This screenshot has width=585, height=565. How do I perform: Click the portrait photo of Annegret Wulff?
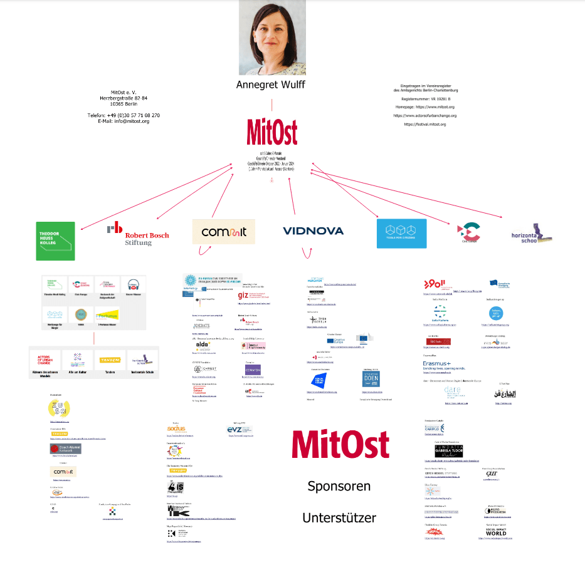(271, 38)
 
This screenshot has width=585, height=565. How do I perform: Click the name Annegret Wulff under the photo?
(271, 85)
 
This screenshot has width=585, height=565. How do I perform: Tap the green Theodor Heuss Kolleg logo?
(56, 241)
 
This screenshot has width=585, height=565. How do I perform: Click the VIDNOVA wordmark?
(313, 231)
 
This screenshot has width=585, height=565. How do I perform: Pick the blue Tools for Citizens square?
(401, 233)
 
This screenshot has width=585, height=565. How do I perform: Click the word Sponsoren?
(339, 486)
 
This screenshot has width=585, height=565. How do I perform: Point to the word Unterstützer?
(339, 518)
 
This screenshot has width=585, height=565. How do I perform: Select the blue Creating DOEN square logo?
(371, 380)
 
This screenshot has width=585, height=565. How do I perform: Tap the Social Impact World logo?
(495, 531)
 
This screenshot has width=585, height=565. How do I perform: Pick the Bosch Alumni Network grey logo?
(65, 448)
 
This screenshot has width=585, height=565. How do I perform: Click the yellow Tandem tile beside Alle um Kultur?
(110, 360)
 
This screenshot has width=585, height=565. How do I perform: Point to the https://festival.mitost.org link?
(424, 125)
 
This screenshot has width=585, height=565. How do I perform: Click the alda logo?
(203, 344)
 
